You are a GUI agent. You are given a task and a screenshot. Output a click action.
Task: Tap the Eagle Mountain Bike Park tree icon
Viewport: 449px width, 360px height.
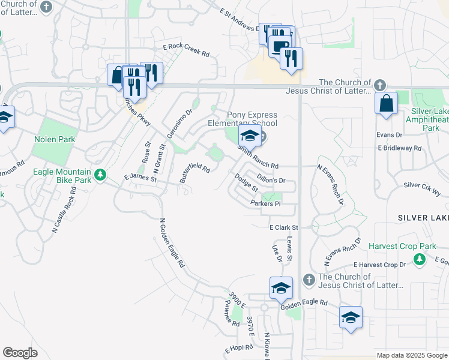[x=101, y=175]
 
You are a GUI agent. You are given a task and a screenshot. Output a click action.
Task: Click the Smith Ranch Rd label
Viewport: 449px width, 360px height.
[x=258, y=157]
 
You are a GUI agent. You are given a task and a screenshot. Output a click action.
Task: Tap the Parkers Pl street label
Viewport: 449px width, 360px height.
[x=265, y=204]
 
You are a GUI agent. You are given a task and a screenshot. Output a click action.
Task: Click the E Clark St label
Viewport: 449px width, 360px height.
[x=283, y=227]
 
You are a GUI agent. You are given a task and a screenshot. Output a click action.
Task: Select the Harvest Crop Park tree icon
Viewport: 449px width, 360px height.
[x=420, y=259]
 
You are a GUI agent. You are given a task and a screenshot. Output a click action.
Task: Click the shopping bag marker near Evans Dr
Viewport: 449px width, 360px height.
[x=385, y=103]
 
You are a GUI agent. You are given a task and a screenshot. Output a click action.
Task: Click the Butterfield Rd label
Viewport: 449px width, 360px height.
[x=195, y=174]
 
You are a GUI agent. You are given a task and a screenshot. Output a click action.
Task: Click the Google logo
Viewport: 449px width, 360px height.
[x=20, y=353]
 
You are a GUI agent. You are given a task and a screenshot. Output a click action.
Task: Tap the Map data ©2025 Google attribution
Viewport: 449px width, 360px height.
[x=411, y=355]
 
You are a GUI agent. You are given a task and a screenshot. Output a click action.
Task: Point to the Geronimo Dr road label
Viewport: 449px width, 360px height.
[x=179, y=123]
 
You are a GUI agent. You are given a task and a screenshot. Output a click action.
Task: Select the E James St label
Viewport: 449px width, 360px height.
[x=140, y=178]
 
